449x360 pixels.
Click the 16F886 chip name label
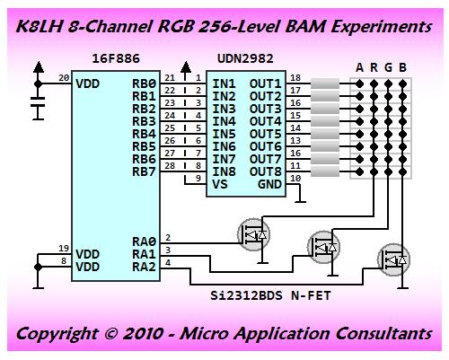(x=116, y=58)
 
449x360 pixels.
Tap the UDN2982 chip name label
(x=245, y=58)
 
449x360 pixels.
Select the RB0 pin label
(x=144, y=83)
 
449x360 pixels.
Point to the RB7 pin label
(x=144, y=171)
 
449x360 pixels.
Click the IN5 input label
(x=224, y=134)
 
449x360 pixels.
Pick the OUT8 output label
(x=266, y=171)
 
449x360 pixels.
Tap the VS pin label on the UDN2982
(x=220, y=184)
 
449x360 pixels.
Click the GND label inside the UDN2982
(x=269, y=184)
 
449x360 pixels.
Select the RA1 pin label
(x=144, y=254)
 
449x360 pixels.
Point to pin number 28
(x=170, y=165)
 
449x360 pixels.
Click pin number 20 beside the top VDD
(x=64, y=77)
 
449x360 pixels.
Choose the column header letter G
(x=388, y=67)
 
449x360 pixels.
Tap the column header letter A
(x=359, y=67)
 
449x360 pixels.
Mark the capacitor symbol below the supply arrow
(x=38, y=101)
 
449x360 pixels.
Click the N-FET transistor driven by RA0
(x=253, y=234)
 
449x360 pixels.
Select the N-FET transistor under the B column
(x=393, y=259)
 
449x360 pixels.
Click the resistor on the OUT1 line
(x=325, y=83)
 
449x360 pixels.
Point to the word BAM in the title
(x=305, y=26)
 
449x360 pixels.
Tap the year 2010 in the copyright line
(x=143, y=333)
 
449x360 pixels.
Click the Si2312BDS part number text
(x=246, y=295)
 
